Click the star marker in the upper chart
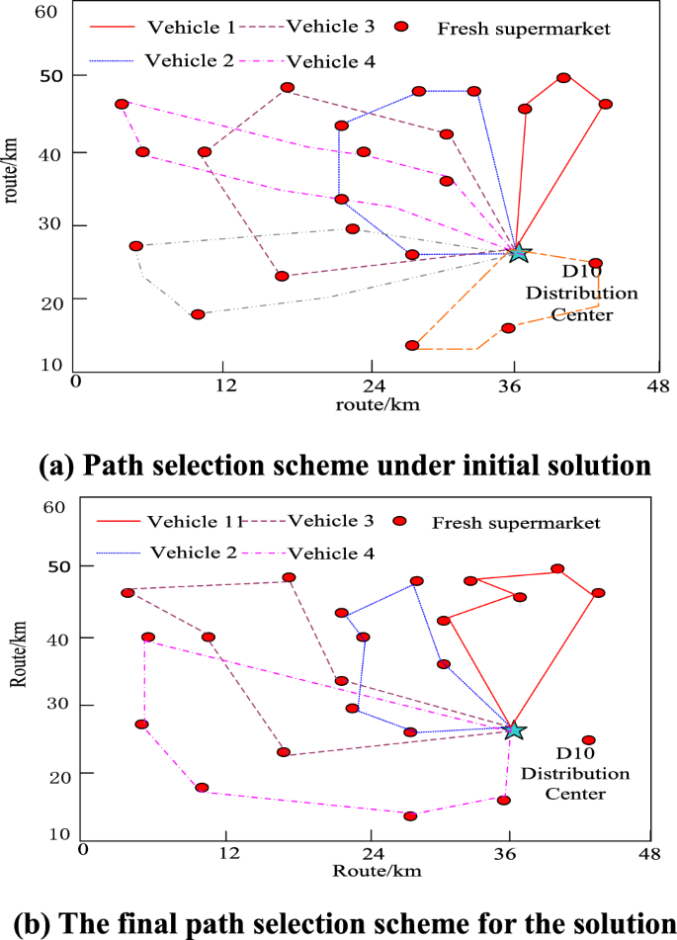click(518, 253)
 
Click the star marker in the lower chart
click(514, 729)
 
